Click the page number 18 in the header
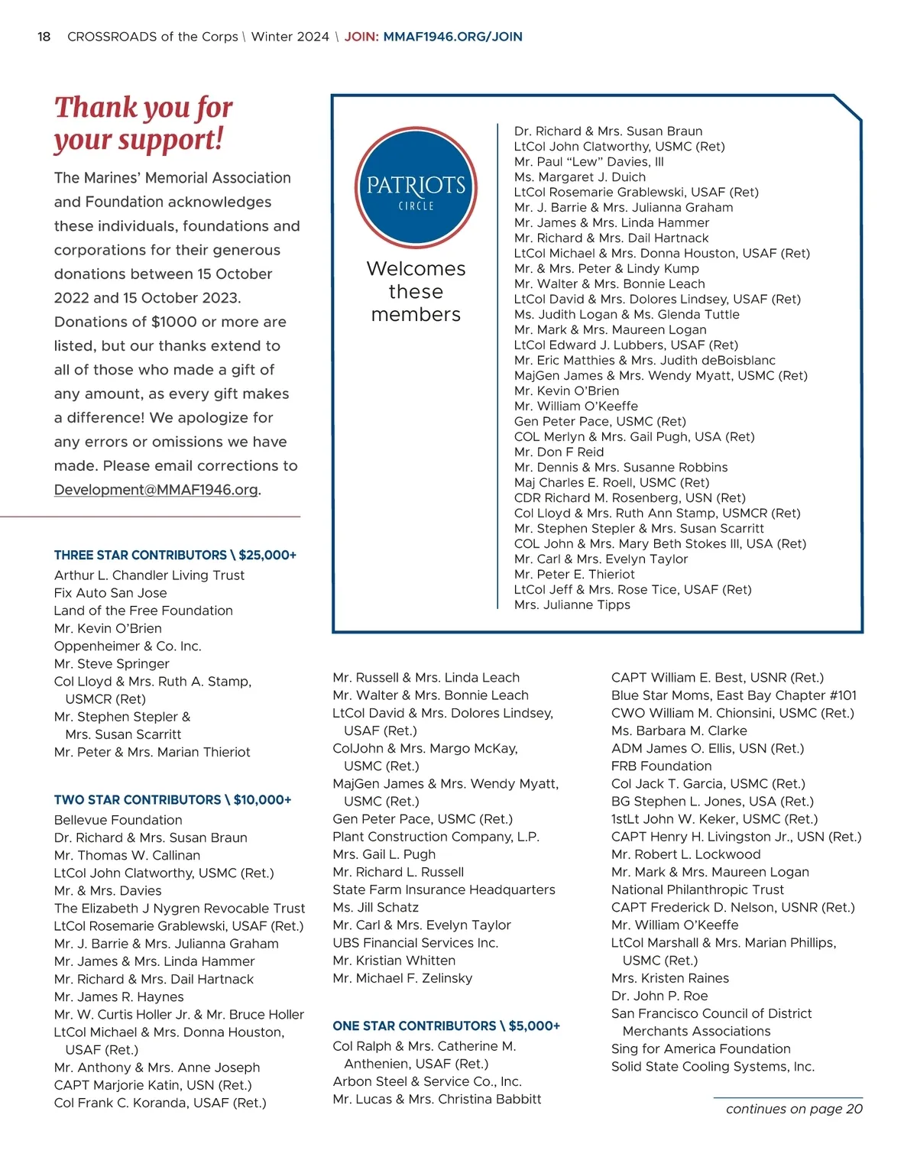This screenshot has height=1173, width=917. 44,37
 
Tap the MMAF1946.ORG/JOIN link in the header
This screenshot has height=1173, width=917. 452,37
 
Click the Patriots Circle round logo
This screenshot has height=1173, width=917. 416,188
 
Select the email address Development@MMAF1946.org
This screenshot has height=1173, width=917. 156,490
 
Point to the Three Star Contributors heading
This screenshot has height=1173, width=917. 175,556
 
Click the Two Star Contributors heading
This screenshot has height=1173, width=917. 173,800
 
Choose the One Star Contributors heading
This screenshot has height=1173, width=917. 446,1026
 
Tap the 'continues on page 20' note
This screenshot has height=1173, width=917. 793,1109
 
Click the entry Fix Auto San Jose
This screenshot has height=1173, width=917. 110,593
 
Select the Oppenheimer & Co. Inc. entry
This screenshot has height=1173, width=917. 128,646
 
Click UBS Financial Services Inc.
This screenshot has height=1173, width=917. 415,943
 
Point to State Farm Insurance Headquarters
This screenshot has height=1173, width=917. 443,890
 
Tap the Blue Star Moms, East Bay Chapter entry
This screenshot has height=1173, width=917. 734,695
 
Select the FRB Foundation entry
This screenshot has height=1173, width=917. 661,766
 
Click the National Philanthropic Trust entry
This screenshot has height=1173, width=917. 697,890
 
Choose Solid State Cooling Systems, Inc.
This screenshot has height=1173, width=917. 712,1067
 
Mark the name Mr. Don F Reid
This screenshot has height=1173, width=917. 559,452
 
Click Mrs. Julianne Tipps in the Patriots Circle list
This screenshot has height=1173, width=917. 572,605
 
